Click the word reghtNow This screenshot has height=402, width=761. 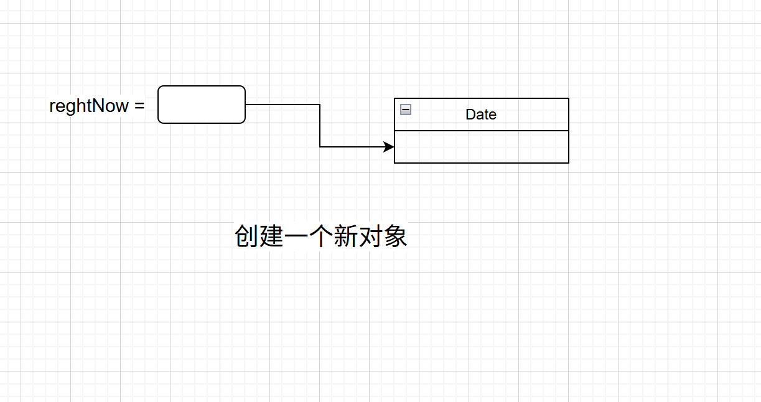tap(89, 106)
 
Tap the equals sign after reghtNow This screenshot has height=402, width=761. tap(139, 106)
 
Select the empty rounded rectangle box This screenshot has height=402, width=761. tap(202, 105)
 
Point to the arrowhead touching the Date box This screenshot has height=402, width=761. tap(390, 147)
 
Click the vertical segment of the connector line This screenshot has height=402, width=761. tap(320, 126)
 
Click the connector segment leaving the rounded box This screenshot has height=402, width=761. tap(282, 105)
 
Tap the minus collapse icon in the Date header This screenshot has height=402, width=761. tap(406, 110)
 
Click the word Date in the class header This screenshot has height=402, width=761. tap(481, 115)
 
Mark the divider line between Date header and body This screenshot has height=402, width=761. tap(482, 131)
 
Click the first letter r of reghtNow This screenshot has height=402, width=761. tap(52, 107)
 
